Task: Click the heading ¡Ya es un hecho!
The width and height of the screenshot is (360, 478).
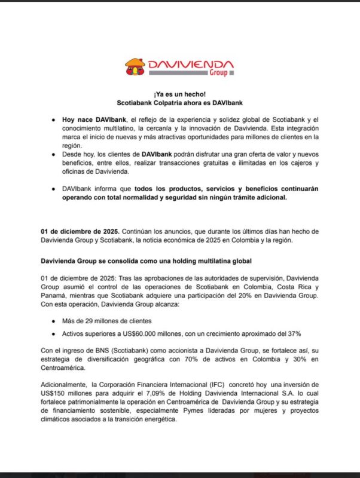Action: click(179, 94)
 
